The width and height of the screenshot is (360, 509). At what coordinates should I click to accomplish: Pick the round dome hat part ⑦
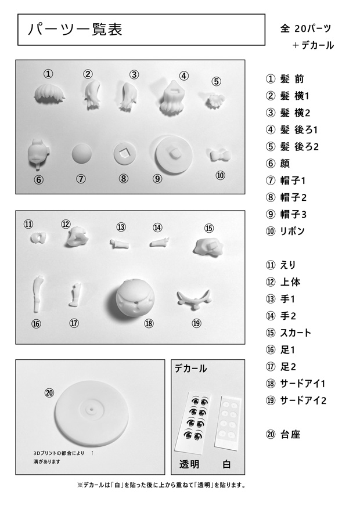pos(81,155)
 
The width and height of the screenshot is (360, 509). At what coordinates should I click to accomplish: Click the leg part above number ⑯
pos(38,293)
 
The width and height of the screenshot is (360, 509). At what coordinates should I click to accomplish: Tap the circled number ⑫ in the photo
pos(66,224)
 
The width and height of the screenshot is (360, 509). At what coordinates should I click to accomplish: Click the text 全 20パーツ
pos(305,28)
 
